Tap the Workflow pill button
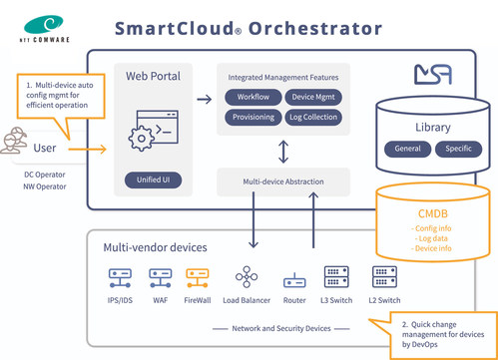point(253,97)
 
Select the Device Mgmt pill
point(315,97)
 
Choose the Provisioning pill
point(253,118)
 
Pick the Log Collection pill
point(315,118)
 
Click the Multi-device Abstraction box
point(284,180)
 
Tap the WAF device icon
point(158,276)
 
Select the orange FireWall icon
point(196,276)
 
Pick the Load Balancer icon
point(243,276)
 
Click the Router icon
point(292,277)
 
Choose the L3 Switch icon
point(335,276)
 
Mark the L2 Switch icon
point(382,276)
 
